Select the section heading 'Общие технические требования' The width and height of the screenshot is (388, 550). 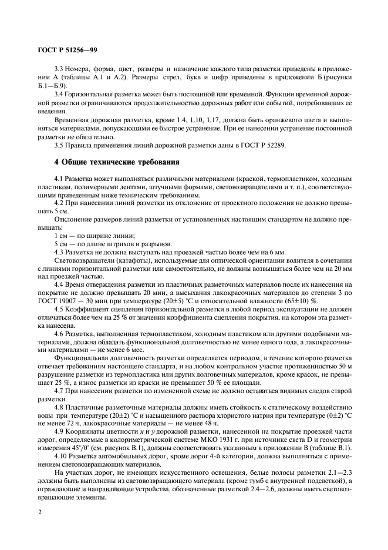[116, 161]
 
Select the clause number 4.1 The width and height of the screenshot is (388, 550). [59, 177]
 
